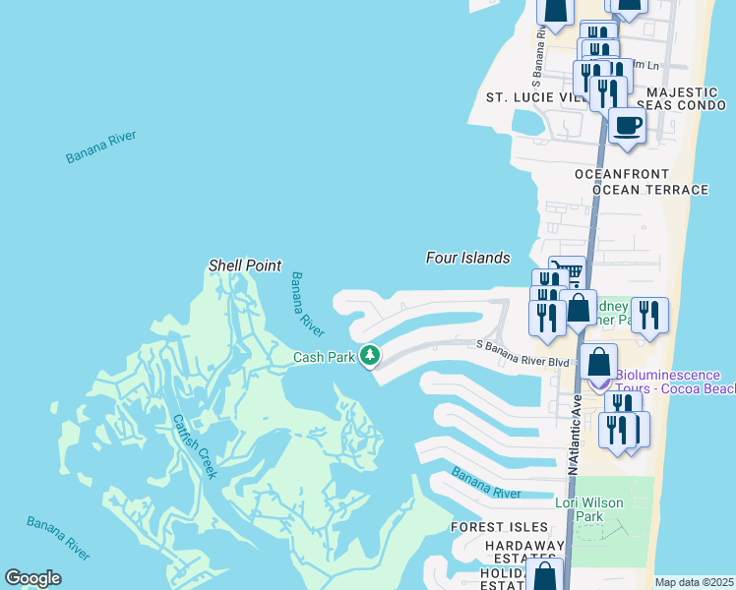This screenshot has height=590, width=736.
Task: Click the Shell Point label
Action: (x=245, y=265)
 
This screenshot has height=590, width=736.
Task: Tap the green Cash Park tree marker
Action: (x=370, y=354)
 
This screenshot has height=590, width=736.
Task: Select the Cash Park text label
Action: (x=324, y=357)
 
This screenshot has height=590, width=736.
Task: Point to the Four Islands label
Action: (x=467, y=258)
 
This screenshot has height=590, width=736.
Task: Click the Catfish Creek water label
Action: (x=194, y=445)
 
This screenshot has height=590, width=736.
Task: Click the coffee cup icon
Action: (x=627, y=126)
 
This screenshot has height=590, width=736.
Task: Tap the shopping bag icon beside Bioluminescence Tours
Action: (x=599, y=362)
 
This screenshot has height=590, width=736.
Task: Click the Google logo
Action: (x=33, y=578)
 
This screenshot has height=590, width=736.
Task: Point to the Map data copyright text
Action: (x=694, y=582)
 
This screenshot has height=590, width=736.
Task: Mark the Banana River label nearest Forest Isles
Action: (x=486, y=483)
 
